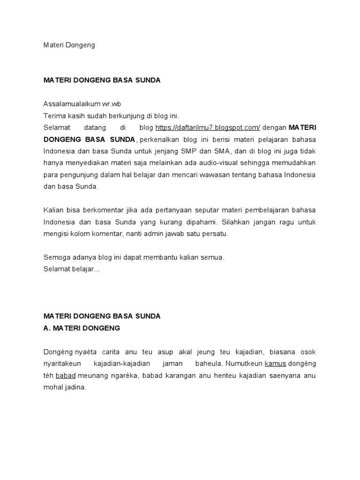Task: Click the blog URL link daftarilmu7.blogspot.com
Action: [x=207, y=127]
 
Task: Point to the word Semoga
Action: [x=56, y=257]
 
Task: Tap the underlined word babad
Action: [x=66, y=375]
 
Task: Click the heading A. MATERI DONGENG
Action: [x=82, y=328]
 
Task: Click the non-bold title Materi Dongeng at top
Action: [x=69, y=45]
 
